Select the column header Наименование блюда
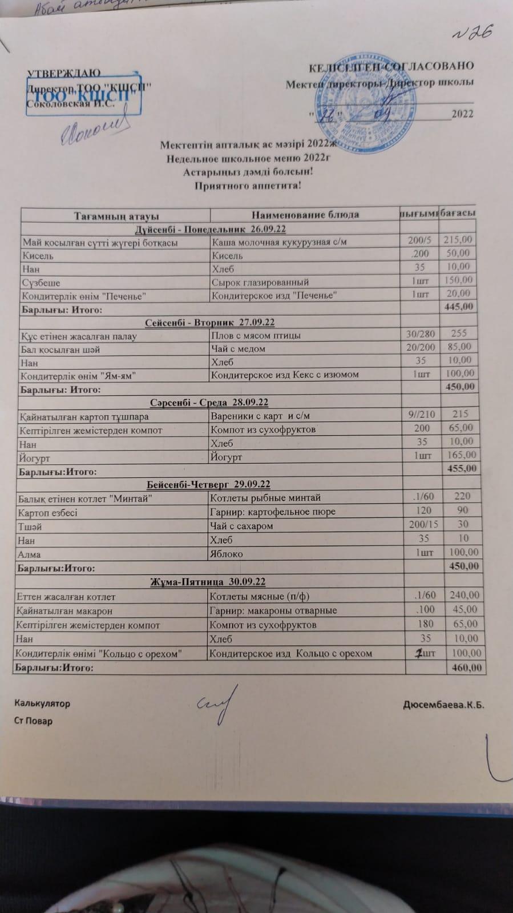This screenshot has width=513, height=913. [x=305, y=215]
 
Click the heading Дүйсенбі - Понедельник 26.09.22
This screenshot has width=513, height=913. [x=210, y=229]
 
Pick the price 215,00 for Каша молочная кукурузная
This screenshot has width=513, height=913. [x=458, y=240]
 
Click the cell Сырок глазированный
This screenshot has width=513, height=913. [x=260, y=282]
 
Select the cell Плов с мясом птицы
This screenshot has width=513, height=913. [x=256, y=336]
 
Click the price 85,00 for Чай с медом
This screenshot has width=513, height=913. [x=459, y=347]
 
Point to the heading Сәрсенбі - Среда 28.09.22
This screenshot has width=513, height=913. [x=209, y=403]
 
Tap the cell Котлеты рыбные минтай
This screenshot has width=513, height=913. [x=265, y=498]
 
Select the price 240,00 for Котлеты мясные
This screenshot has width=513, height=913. [x=464, y=595]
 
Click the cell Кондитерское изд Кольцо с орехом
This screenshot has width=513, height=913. [x=291, y=653]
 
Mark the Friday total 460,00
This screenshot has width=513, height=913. [x=466, y=667]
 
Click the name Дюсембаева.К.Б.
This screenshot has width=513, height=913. [x=443, y=705]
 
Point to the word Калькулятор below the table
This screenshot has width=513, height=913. [x=42, y=703]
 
